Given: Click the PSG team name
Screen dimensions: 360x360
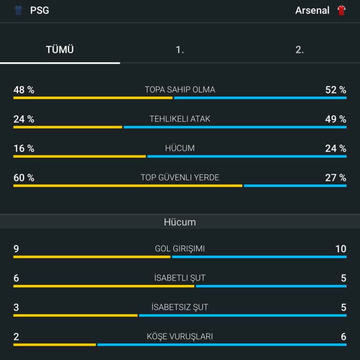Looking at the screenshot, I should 39,10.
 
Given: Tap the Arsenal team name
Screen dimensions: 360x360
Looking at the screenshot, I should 312,10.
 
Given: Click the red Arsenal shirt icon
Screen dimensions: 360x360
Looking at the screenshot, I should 341,10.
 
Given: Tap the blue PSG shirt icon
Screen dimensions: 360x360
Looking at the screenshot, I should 19,10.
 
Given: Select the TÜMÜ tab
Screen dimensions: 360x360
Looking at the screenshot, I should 60,50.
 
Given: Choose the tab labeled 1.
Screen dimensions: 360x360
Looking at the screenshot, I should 180,50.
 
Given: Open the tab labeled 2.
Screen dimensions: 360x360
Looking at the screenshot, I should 300,50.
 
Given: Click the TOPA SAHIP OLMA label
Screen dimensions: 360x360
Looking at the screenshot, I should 180,90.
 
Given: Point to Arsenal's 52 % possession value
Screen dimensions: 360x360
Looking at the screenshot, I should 336,90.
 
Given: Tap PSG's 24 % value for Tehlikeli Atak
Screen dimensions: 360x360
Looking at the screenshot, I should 24,119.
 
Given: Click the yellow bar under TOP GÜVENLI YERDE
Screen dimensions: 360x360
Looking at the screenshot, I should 127,186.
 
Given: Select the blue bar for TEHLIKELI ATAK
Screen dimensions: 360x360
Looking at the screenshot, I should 235,127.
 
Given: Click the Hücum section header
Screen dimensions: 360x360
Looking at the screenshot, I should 180,222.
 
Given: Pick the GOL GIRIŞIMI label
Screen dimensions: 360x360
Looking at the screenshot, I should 180,249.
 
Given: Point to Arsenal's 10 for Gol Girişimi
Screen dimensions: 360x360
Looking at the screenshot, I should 341,249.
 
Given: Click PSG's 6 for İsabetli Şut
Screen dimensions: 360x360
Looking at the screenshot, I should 16,278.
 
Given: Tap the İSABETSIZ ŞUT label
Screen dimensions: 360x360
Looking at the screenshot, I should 180,307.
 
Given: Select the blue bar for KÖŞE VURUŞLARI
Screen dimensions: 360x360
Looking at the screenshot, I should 222,345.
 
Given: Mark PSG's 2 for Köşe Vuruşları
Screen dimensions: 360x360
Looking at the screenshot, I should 16,337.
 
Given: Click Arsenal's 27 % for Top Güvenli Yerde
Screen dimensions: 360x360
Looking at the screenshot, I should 336,178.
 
